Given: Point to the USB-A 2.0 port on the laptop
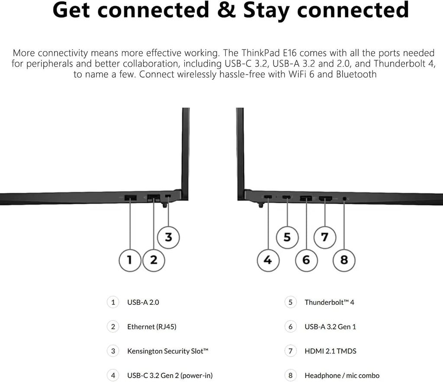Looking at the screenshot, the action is pyautogui.click(x=131, y=197).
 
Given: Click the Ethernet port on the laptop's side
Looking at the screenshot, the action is pyautogui.click(x=154, y=197).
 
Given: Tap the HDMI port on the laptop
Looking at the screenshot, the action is pyautogui.click(x=325, y=198).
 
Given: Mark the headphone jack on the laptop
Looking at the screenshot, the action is pyautogui.click(x=344, y=199).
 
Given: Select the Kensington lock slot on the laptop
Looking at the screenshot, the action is pyautogui.click(x=168, y=196).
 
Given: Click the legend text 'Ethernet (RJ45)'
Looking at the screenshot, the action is pyautogui.click(x=152, y=327).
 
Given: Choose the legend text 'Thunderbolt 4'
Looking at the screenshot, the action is pyautogui.click(x=329, y=302).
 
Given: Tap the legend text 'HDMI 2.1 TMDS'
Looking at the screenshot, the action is pyautogui.click(x=330, y=351).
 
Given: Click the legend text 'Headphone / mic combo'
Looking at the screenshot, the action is pyautogui.click(x=342, y=375).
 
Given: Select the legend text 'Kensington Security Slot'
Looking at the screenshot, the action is pyautogui.click(x=167, y=351).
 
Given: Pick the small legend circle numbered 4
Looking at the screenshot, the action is pyautogui.click(x=113, y=375).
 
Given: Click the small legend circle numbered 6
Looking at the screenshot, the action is pyautogui.click(x=290, y=327).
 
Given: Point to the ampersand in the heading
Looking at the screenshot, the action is pyautogui.click(x=226, y=10).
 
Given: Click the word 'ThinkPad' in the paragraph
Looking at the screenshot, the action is pyautogui.click(x=260, y=53).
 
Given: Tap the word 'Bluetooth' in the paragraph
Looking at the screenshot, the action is pyautogui.click(x=356, y=74).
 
